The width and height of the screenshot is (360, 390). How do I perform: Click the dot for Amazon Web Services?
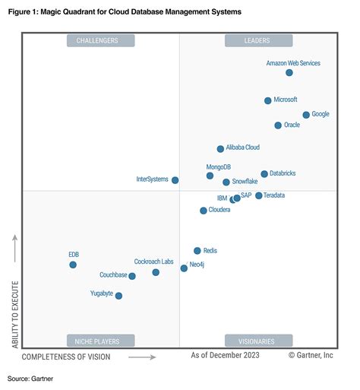coord(289,73)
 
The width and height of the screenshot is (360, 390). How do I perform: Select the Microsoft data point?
coord(267,100)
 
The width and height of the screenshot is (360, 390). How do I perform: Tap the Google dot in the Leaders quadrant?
coord(306,115)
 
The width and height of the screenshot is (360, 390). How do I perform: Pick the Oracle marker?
coord(278,125)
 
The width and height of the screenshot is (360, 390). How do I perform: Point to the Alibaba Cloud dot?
coord(220,149)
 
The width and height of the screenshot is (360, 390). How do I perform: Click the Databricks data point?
coord(264,174)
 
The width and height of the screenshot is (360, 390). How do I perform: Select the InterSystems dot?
coord(175,180)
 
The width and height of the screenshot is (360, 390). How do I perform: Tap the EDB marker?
coord(73,265)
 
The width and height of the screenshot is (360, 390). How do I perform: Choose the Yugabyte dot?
coord(118,296)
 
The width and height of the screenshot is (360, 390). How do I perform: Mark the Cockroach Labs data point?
coord(156,272)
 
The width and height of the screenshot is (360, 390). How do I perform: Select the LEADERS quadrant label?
coord(257,40)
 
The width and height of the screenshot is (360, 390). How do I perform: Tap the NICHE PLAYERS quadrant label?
coord(101,341)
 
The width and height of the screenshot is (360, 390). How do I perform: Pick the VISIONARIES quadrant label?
coord(257,341)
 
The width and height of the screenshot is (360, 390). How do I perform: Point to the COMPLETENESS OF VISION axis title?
coord(66,356)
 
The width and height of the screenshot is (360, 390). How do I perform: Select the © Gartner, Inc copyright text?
coord(311,355)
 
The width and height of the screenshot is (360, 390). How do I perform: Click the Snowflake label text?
coord(245,182)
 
